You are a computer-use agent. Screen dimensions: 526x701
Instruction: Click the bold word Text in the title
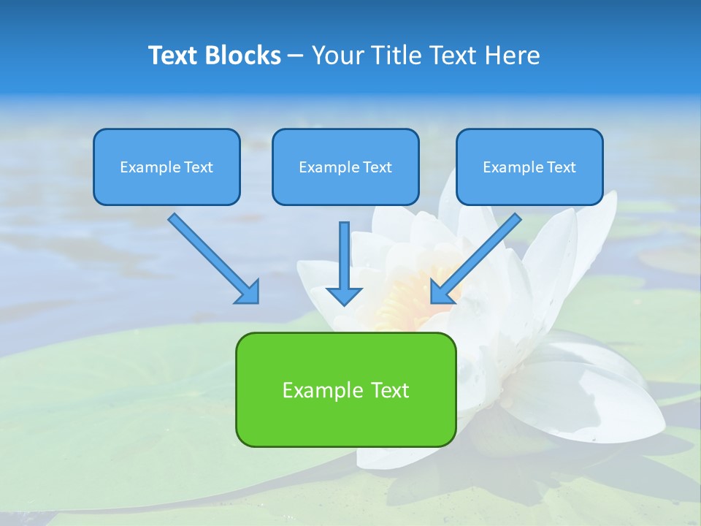coord(172,56)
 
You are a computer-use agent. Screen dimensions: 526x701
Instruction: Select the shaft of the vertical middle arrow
coord(344,252)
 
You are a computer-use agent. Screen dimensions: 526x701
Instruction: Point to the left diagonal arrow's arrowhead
coord(248,292)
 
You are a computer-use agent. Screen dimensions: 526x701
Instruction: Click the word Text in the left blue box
coord(198,167)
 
